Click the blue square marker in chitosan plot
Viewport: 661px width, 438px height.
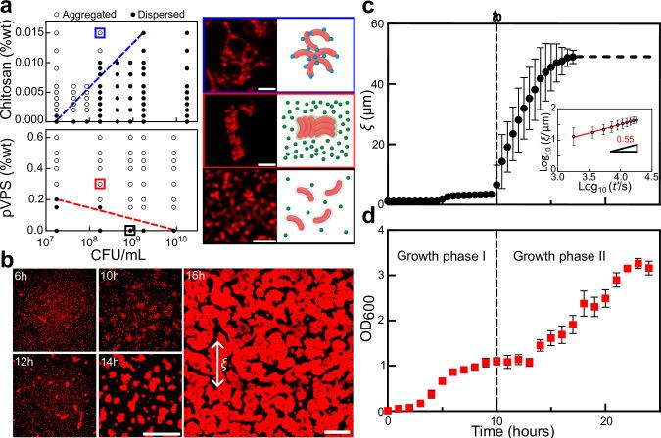[99, 33]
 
